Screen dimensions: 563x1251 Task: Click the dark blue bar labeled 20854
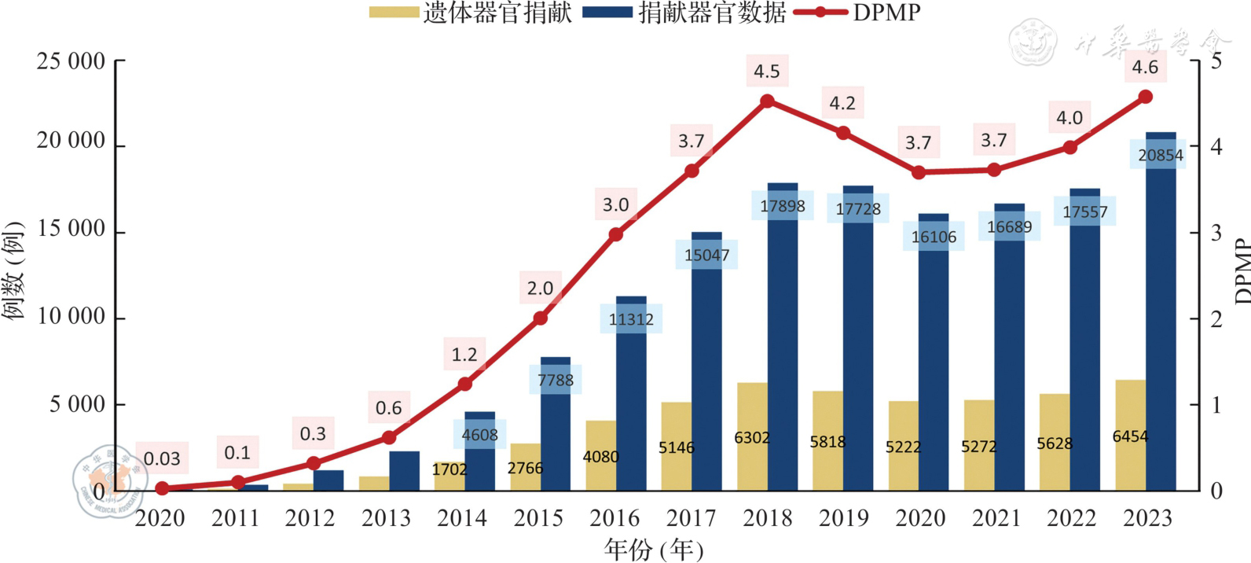click(x=1161, y=315)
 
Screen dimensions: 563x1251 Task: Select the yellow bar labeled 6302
click(x=752, y=437)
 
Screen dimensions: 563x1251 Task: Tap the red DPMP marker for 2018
click(x=768, y=101)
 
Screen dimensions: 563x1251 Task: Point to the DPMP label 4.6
click(x=1145, y=68)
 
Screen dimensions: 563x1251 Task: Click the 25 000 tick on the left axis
click(x=71, y=61)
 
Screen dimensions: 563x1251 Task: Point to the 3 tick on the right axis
click(x=1216, y=233)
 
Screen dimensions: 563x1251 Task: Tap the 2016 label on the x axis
click(x=614, y=518)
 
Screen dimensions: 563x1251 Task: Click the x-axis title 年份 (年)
click(x=654, y=550)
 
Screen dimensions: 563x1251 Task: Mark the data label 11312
click(x=631, y=319)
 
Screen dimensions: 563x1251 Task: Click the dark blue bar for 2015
click(x=556, y=425)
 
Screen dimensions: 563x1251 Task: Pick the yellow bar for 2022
click(x=1054, y=442)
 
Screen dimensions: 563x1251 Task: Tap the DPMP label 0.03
click(x=162, y=458)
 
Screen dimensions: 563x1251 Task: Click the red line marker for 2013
click(x=389, y=437)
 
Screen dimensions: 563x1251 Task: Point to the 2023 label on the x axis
click(x=1146, y=518)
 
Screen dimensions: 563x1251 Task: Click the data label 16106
click(x=934, y=237)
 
